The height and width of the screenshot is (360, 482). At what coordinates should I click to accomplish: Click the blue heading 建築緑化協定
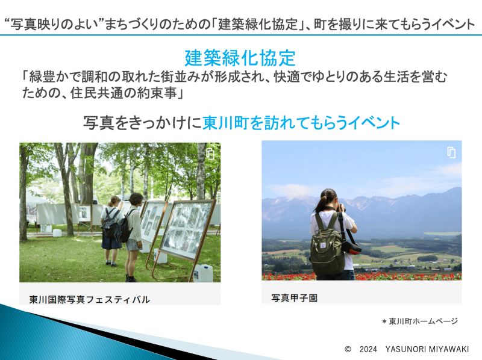point(240,58)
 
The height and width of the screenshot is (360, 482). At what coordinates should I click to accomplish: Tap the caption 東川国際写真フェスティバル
point(90,299)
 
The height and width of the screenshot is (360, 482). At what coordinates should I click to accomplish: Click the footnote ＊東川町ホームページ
point(419,321)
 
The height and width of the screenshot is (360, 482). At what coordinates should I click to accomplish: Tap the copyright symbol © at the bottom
point(348,349)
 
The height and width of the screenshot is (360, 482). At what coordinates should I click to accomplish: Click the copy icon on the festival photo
point(210,154)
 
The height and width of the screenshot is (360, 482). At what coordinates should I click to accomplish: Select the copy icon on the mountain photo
point(451,152)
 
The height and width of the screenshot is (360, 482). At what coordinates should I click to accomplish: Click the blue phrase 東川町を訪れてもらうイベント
point(301,123)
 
